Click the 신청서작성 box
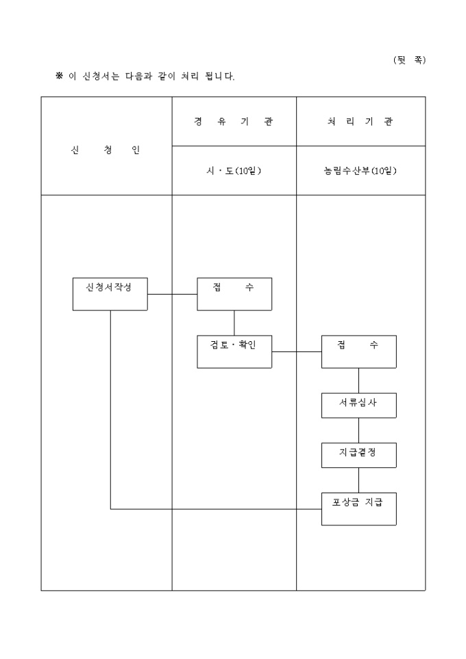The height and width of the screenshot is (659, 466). (x=110, y=294)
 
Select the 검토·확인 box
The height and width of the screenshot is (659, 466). (x=234, y=352)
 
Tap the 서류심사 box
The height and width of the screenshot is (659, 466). (x=359, y=406)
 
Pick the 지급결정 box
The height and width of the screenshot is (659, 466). (x=359, y=455)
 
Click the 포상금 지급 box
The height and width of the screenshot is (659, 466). (x=359, y=509)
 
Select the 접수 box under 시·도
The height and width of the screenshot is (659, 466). (x=234, y=294)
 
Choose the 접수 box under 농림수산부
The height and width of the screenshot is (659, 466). (x=359, y=352)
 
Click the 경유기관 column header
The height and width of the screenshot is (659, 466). (x=234, y=121)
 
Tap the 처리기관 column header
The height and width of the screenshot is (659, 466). (x=361, y=121)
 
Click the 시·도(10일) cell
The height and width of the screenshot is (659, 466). (x=234, y=171)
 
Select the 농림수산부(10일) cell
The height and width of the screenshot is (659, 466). (x=361, y=171)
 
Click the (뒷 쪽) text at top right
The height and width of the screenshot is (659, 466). (x=409, y=60)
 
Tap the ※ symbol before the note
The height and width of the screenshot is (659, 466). (x=60, y=76)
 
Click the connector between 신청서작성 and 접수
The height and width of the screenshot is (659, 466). (x=173, y=294)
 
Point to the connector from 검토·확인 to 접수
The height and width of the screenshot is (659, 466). (x=297, y=352)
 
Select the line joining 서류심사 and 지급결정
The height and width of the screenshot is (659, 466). (x=359, y=430)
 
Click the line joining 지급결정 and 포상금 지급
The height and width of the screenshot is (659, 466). (x=359, y=480)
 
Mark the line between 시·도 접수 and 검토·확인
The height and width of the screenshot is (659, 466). (x=234, y=323)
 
